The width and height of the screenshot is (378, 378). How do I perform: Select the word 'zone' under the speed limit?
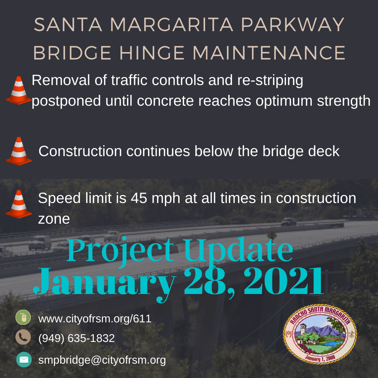tap(54, 219)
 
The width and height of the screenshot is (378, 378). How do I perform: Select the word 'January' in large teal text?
tap(105, 282)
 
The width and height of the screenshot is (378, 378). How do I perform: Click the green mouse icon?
tap(23, 318)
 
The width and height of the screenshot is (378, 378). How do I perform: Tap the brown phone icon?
tap(23, 337)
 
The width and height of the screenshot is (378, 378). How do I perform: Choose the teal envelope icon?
tap(24, 359)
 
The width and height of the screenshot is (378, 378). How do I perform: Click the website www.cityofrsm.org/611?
tap(94, 319)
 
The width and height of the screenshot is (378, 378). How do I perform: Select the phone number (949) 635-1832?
tap(76, 338)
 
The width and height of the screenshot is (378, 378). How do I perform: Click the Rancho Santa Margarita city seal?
tap(320, 334)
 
